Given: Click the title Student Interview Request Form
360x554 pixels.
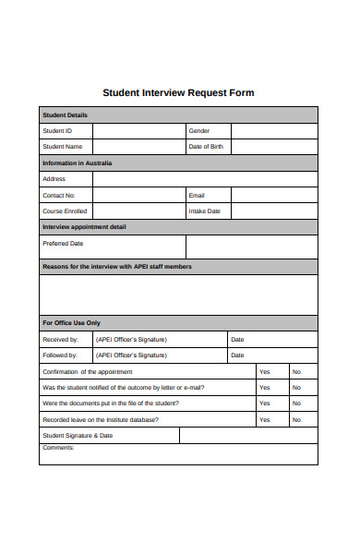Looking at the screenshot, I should coord(177,92).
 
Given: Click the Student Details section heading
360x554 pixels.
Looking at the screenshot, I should coord(65,115).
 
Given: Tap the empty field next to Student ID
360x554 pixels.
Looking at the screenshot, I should coord(138,131).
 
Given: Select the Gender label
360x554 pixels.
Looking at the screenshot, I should coord(199,131).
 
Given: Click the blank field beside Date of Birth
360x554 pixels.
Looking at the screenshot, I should coord(273,147).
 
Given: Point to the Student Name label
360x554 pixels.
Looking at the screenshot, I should coord(62,147).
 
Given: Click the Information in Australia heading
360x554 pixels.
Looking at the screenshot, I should coord(77,163).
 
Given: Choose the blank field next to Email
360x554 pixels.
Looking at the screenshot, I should coord(273,196).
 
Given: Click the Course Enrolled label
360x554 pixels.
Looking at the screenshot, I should coord(66,211).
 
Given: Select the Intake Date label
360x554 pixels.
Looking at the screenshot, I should coord(204,211).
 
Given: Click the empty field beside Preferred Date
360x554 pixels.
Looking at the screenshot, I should coord(251,247).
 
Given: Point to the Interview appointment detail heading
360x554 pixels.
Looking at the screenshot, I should coord(84,227).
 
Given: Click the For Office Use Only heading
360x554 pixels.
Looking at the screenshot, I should coord(71,323).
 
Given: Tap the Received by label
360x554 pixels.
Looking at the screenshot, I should coord(61,339).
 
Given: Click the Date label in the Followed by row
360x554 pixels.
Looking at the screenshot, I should coord(237,355).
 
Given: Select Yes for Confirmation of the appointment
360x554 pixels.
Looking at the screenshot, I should coord(265,371).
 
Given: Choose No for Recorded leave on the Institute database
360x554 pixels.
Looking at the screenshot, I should coord(296,419).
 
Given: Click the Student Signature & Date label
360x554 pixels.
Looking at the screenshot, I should coord(78,435).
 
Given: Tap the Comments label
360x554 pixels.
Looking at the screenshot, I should coord(58,448).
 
